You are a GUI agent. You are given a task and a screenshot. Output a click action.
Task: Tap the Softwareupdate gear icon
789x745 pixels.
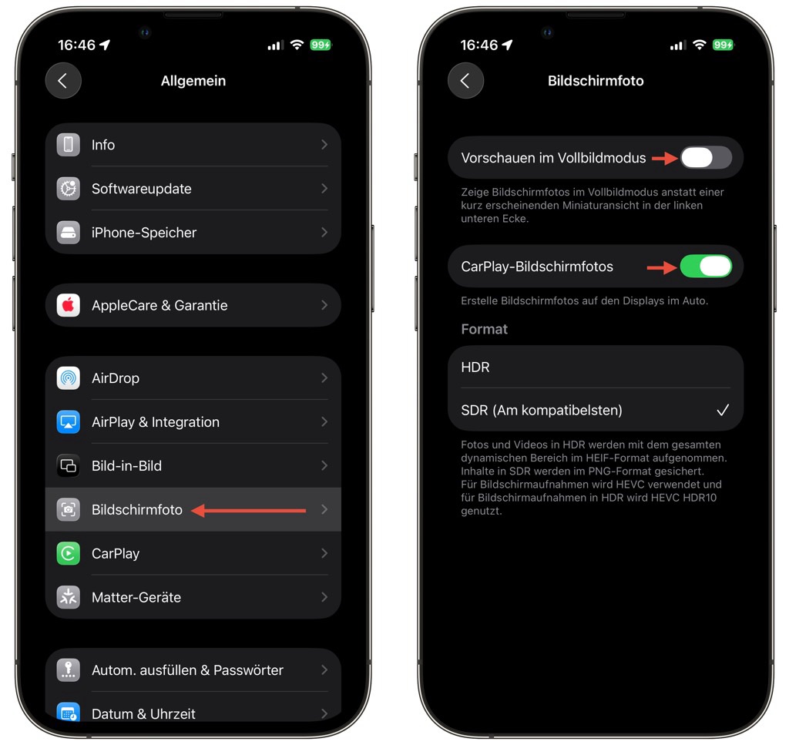click(x=69, y=189)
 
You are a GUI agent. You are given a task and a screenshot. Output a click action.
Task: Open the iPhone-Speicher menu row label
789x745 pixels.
click(x=144, y=233)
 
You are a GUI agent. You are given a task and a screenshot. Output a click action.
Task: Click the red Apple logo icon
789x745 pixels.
click(x=69, y=305)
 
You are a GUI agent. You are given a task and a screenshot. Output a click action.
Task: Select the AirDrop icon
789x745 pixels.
click(x=69, y=378)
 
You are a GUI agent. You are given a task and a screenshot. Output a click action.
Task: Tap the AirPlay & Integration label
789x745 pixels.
click(x=156, y=422)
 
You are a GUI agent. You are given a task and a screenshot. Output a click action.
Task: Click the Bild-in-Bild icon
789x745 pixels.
click(x=69, y=466)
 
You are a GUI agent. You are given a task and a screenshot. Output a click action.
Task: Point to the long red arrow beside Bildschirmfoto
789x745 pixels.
click(x=249, y=511)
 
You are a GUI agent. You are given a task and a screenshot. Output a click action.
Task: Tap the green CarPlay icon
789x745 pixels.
click(x=69, y=553)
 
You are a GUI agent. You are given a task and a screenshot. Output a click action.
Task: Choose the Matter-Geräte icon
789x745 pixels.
click(x=69, y=597)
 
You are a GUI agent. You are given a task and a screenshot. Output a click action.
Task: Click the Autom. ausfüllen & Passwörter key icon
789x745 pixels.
click(x=69, y=670)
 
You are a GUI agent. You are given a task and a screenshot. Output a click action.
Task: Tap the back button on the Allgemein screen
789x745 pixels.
click(x=63, y=80)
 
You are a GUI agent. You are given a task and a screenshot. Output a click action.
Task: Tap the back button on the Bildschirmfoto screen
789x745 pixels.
click(x=466, y=80)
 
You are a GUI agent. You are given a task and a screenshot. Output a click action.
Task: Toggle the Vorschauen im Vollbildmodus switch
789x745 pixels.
click(x=706, y=158)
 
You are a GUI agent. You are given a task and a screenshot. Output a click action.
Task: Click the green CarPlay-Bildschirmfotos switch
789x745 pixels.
click(x=706, y=266)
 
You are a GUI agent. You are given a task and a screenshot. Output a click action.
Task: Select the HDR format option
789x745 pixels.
click(x=475, y=367)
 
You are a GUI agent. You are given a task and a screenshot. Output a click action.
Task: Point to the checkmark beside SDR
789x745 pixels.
click(x=723, y=410)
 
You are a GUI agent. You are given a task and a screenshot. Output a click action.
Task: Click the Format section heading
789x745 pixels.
click(x=484, y=329)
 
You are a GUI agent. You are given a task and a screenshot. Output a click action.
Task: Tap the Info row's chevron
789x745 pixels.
click(x=324, y=145)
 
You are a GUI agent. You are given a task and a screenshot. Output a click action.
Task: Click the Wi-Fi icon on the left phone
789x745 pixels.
click(x=297, y=45)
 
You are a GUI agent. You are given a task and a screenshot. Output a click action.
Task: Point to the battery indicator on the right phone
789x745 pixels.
click(x=723, y=45)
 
